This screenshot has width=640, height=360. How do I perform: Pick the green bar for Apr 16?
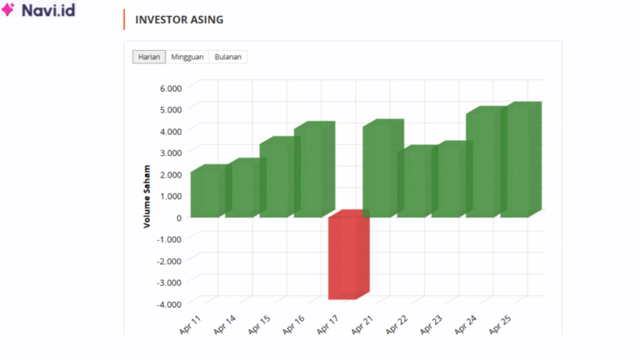309,171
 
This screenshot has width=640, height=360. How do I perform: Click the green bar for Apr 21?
378,170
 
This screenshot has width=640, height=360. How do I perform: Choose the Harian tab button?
149,57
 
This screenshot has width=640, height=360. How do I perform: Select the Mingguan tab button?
188,57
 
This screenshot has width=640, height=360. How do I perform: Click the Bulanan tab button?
228,57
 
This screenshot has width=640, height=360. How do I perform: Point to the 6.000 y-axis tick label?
170,87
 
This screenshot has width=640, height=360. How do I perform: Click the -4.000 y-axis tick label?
168,304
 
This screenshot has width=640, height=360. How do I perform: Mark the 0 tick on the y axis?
178,217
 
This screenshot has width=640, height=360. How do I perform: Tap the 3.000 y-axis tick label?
170,152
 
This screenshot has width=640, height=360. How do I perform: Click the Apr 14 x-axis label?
225,324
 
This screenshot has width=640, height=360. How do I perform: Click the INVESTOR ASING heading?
179,20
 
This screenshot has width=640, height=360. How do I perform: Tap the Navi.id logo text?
49,12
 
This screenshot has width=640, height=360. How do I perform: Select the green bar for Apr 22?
412,182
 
